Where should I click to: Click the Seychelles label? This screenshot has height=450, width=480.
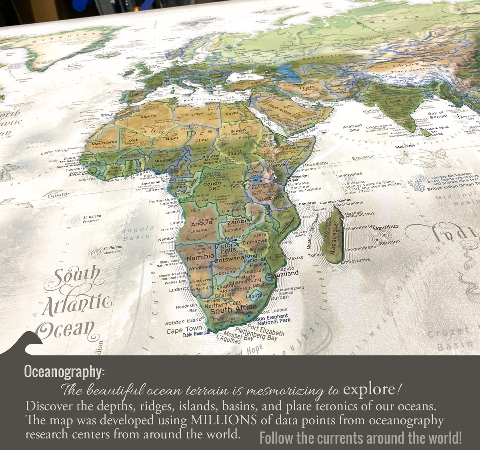click(x=349, y=175)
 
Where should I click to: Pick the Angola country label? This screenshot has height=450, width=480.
click(x=202, y=223)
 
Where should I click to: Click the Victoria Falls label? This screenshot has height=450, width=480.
click(x=227, y=248)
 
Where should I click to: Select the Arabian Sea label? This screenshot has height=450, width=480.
click(x=352, y=128)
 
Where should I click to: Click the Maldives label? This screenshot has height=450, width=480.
click(x=405, y=146)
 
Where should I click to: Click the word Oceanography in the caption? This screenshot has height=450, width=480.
click(x=64, y=372)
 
